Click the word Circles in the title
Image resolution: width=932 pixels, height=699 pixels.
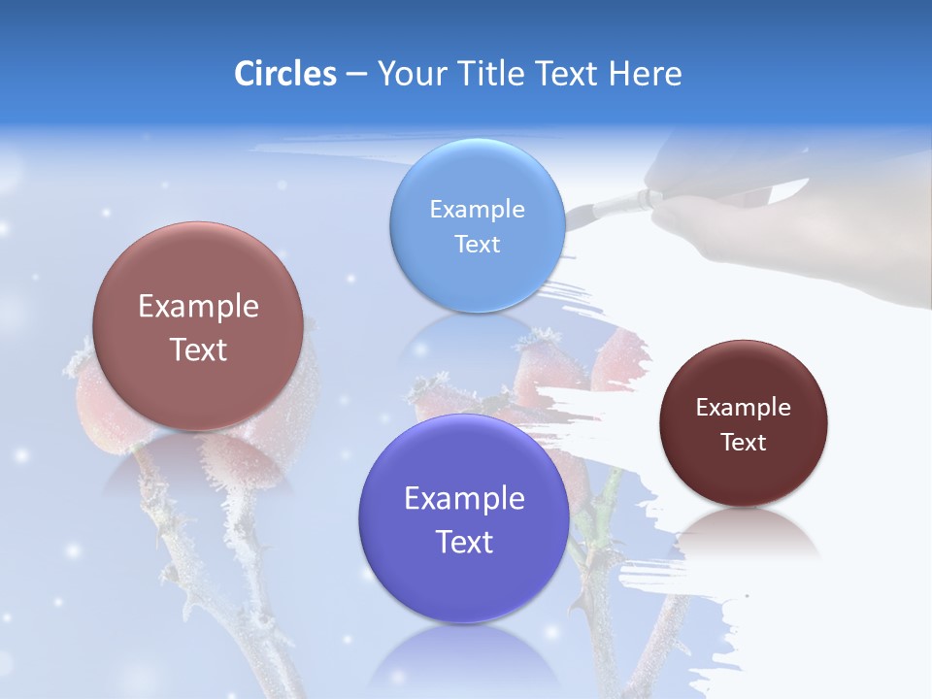pyautogui.click(x=284, y=74)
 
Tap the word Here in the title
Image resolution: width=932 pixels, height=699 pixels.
pyautogui.click(x=645, y=74)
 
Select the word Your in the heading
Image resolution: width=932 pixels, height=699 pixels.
pyautogui.click(x=411, y=74)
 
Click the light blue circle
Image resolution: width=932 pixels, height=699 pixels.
pyautogui.click(x=477, y=225)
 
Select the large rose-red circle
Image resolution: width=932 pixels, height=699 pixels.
pyautogui.click(x=198, y=326)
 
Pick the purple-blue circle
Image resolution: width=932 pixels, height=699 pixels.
pyautogui.click(x=464, y=519)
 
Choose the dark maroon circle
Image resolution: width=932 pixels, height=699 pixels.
pyautogui.click(x=743, y=423)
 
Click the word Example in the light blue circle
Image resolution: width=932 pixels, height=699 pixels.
pyautogui.click(x=477, y=209)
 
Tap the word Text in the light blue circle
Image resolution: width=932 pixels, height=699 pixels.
pyautogui.click(x=477, y=244)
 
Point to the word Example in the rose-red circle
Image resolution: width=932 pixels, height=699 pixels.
pyautogui.click(x=198, y=307)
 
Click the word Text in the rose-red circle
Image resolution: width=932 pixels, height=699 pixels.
pyautogui.click(x=198, y=349)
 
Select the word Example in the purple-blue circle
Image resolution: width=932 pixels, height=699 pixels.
pyautogui.click(x=464, y=499)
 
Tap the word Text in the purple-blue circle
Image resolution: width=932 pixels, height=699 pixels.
pyautogui.click(x=464, y=542)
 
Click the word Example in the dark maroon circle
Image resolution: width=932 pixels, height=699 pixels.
pyautogui.click(x=743, y=407)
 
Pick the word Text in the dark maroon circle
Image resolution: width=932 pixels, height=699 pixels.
pyautogui.click(x=743, y=442)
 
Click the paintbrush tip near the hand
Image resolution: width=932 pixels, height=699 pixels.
pyautogui.click(x=577, y=210)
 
